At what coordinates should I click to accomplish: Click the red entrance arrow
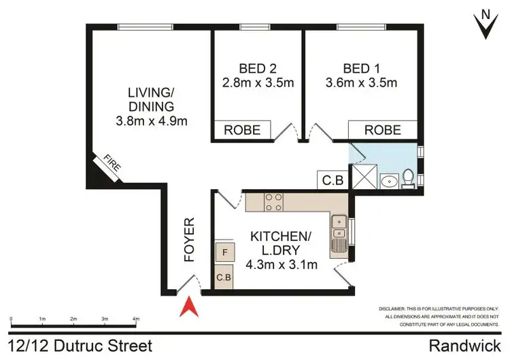[x=189, y=308]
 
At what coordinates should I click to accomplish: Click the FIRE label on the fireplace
[x=110, y=166]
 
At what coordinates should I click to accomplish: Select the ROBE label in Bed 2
[x=242, y=130]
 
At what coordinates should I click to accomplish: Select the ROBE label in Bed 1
[x=382, y=130]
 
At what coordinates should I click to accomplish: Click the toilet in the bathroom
[x=409, y=178]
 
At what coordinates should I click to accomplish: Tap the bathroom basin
[x=390, y=181]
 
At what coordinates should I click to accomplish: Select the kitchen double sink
[x=339, y=235]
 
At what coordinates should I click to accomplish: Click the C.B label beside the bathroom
[x=332, y=180]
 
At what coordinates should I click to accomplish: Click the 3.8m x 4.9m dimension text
[x=152, y=122]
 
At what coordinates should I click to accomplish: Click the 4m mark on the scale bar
[x=135, y=318]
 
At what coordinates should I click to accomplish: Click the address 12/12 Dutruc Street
[x=80, y=346]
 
